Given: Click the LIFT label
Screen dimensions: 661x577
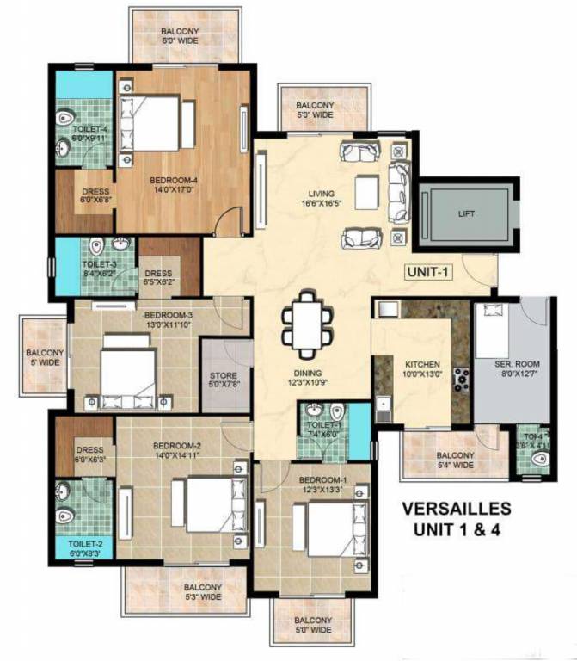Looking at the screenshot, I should point(466,213).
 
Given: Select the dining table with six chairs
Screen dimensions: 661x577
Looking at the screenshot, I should point(307,325).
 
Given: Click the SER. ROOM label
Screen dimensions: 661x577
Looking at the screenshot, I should point(516,364).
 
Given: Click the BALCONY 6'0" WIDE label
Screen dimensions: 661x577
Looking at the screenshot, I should point(180,34).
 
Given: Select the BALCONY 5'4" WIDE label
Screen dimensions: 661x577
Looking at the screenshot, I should point(454,460).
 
